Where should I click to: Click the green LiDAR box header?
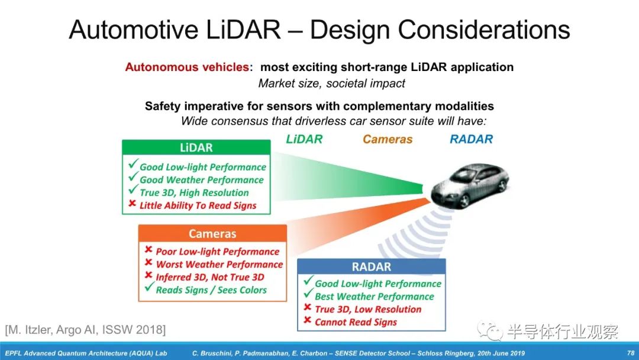[x=196, y=147]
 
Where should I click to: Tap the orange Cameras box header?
[x=212, y=234]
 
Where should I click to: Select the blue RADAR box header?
[x=371, y=266]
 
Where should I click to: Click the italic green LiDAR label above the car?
[x=304, y=139]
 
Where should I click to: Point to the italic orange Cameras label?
[x=388, y=139]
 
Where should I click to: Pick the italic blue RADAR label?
[x=471, y=139]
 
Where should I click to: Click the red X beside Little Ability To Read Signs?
[x=132, y=203]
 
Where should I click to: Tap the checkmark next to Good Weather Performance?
[x=133, y=177]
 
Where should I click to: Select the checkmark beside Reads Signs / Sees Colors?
[x=150, y=287]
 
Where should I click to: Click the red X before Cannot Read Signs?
[x=308, y=320]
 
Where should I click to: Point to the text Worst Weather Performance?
[x=220, y=264]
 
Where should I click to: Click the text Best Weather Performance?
[x=374, y=297]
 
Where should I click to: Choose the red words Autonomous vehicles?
[x=187, y=67]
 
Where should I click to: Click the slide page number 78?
[x=631, y=353]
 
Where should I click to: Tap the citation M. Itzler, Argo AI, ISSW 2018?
[x=85, y=329]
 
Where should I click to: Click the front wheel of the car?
[x=463, y=201]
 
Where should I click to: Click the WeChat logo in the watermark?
[x=490, y=330]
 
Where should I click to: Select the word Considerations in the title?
[x=484, y=30]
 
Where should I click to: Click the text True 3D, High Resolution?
[x=194, y=192]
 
